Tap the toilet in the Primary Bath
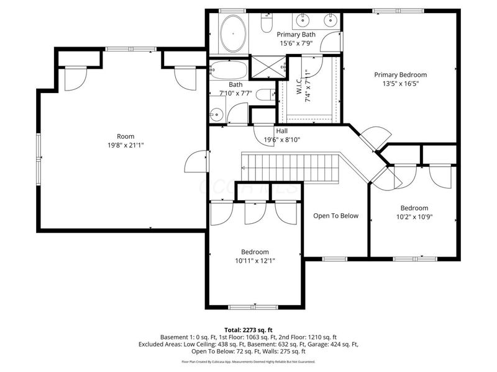point(267,24)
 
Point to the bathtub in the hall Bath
point(228,69)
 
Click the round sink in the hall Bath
point(217,114)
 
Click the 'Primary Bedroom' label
point(400,74)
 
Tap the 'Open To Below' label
point(335,216)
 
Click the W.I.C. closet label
point(299,81)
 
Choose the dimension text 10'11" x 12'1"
point(255,261)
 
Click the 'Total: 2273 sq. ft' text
point(248,330)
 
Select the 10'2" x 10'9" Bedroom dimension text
point(414,217)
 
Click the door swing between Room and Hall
point(195,162)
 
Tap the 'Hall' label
point(281,131)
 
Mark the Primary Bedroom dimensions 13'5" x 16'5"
point(400,84)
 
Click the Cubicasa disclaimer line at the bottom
point(248,361)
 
